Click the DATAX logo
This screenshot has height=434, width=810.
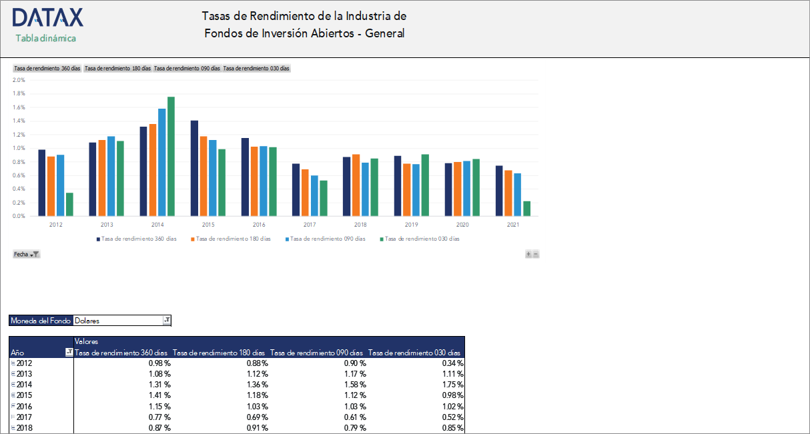pos(47,17)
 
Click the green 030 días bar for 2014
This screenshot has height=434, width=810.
pos(171,157)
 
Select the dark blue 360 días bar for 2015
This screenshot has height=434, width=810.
pos(194,168)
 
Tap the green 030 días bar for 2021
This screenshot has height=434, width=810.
pos(526,208)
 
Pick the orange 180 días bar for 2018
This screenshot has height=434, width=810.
pos(356,185)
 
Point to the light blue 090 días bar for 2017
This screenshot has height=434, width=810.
pos(314,195)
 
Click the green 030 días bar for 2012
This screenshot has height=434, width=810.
pos(69,204)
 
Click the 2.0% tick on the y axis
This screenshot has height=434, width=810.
pos(19,79)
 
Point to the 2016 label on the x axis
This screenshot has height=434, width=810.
pos(259,225)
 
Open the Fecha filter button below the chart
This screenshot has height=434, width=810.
pos(27,254)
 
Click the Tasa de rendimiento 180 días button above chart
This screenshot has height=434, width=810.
pos(117,68)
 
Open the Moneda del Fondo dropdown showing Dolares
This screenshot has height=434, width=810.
pos(167,321)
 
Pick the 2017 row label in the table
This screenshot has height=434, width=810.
pos(24,417)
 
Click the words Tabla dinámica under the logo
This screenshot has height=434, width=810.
pos(46,38)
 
